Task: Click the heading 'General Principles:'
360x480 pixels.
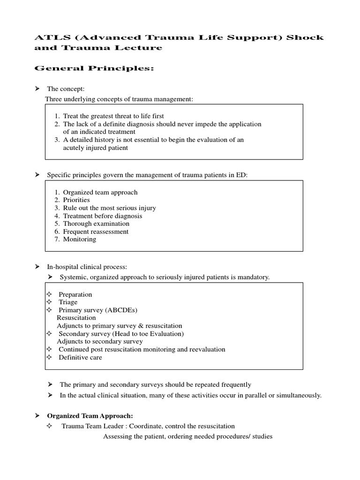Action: pos(95,69)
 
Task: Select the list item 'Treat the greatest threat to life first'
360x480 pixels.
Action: pos(113,116)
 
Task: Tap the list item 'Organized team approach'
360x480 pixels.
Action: pos(100,192)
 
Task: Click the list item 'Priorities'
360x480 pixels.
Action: pos(76,200)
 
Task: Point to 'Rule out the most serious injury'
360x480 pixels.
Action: pos(109,208)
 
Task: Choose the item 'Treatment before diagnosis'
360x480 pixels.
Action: pos(103,216)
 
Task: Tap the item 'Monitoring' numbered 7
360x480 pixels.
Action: pos(80,239)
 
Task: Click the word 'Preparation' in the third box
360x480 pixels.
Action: pos(75,294)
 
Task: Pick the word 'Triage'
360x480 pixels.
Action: pos(68,302)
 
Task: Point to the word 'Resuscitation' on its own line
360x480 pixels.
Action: pos(76,318)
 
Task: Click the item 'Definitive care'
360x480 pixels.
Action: pos(80,357)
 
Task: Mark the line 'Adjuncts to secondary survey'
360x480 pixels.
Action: pos(99,341)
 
